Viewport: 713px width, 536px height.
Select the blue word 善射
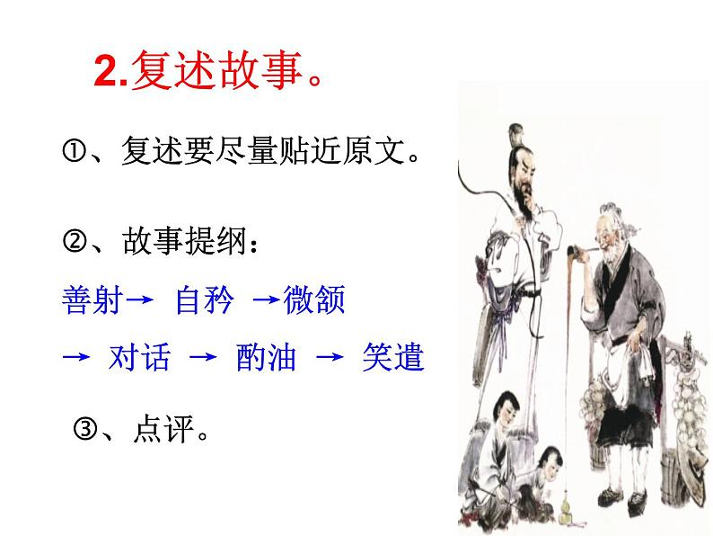click(88, 300)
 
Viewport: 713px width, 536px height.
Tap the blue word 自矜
click(203, 300)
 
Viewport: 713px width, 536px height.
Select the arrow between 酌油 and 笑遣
click(330, 358)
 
